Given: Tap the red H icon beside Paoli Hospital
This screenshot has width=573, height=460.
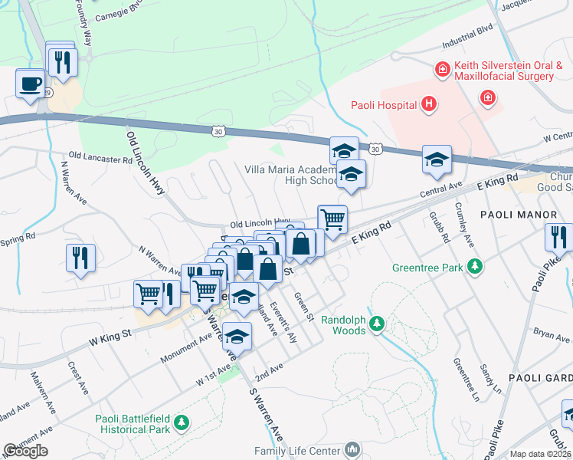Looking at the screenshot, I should coord(429,103).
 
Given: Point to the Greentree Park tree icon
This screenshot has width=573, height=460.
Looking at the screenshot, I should coord(476,266).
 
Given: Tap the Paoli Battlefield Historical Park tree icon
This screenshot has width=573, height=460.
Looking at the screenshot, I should coord(182,422).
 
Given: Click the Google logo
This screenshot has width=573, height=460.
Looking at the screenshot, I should coord(25,450).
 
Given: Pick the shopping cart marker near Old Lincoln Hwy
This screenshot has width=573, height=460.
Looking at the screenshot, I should coord(332,219).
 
